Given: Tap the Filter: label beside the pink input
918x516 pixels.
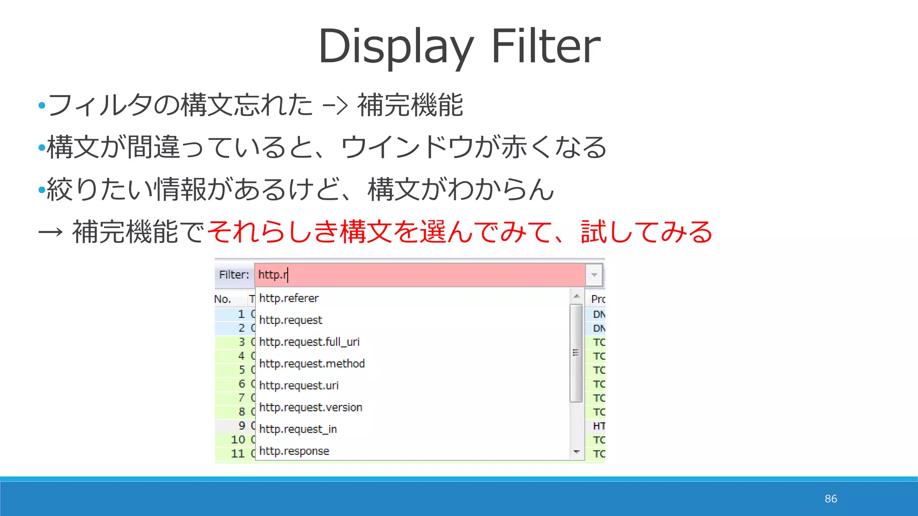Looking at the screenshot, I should coord(234,275).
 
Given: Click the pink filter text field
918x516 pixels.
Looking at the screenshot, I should coord(420,275).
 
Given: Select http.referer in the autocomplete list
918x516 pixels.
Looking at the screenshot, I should coord(289,298).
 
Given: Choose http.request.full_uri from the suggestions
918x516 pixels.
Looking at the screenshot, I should coord(309,342).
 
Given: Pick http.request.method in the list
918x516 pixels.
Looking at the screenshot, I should coord(312,363).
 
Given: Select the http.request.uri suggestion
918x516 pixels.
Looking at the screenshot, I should coord(299,385).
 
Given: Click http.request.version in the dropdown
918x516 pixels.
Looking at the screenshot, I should coord(311,407).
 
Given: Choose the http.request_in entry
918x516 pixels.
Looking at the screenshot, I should coord(298,429).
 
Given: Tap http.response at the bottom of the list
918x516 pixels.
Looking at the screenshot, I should coord(294,451).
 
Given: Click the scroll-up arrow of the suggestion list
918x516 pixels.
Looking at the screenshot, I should coord(576,296).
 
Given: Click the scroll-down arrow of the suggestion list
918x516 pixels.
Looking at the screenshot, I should coord(576,452).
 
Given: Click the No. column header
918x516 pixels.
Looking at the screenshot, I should coord(223,299).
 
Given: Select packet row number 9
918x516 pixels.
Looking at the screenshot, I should coord(242,426).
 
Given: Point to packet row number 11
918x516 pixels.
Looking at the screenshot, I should coord(238,453).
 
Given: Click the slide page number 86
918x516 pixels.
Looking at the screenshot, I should coord(831,499).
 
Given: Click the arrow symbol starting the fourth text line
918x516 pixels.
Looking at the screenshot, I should coord(50,232).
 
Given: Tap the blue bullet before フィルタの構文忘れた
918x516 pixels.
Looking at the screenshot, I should coord(42,106).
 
